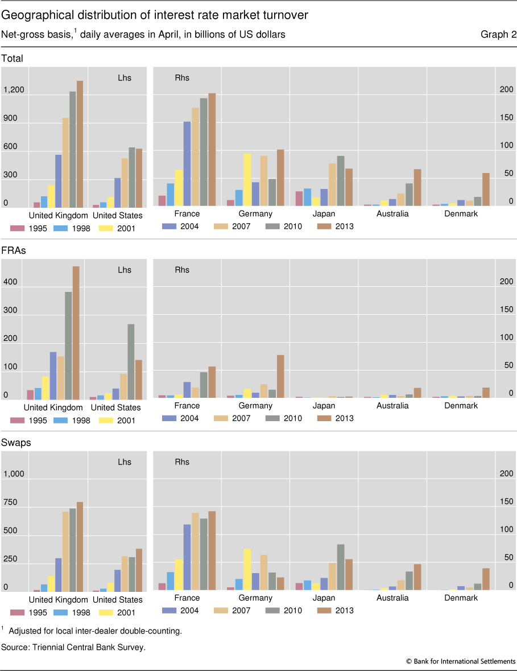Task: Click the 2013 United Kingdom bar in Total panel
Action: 80,144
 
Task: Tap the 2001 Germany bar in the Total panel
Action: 247,179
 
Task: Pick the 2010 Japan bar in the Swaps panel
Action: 341,567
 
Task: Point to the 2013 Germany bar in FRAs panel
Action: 280,376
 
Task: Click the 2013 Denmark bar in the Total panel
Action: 486,190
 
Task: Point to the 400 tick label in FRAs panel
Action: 11,282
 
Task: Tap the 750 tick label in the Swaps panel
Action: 12,503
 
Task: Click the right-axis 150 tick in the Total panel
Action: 506,118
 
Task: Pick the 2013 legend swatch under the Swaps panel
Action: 324,610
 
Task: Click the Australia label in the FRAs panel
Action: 392,406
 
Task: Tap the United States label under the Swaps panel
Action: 117,600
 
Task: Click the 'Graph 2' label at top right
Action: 498,35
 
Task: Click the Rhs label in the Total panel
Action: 182,78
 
